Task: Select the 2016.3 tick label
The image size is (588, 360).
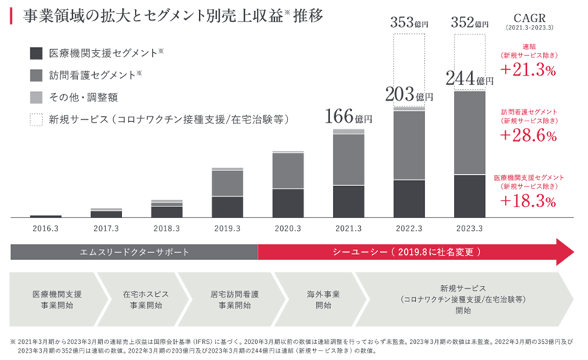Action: pyautogui.click(x=46, y=228)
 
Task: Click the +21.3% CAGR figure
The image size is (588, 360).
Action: pyautogui.click(x=528, y=70)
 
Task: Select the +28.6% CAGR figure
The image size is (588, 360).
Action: pyautogui.click(x=528, y=136)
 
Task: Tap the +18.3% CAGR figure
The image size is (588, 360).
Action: pyautogui.click(x=528, y=201)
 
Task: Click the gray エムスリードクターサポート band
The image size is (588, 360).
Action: pyautogui.click(x=134, y=252)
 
